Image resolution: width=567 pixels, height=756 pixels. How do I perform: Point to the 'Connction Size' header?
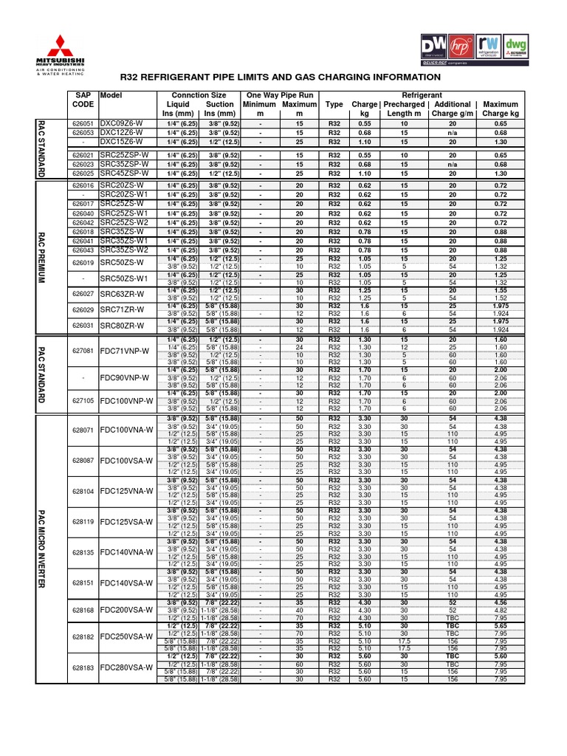click(199, 95)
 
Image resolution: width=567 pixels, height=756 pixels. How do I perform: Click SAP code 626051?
click(83, 123)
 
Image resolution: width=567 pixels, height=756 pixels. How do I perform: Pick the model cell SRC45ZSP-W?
click(124, 173)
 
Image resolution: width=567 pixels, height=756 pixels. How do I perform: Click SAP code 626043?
click(83, 250)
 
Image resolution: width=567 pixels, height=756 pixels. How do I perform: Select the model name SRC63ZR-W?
click(122, 294)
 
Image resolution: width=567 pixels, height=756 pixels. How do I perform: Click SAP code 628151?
click(83, 583)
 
